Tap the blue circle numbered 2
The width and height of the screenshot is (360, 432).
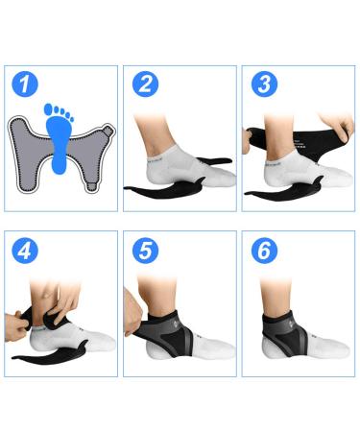[145, 84]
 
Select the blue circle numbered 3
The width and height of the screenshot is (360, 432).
[263, 84]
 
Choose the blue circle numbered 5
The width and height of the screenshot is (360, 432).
[145, 251]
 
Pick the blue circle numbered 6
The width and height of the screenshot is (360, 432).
[263, 251]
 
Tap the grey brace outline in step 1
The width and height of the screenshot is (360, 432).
[29, 158]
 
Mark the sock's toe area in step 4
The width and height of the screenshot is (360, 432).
[101, 341]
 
